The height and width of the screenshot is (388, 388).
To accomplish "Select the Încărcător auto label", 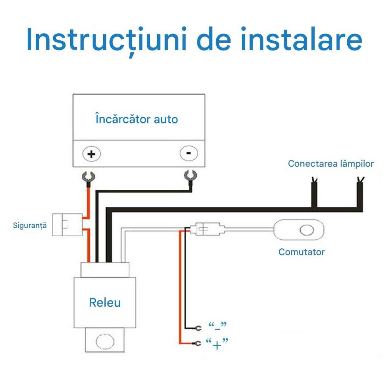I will (137, 119).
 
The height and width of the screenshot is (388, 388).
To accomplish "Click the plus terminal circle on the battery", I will (92, 154).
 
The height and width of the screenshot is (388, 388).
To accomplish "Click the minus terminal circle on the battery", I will (189, 153).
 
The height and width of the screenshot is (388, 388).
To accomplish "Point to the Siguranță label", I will (29, 225).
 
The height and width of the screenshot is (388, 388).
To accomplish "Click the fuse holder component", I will (68, 225).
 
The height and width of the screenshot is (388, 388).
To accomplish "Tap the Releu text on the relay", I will (105, 303).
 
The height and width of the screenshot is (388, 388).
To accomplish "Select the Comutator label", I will (301, 252).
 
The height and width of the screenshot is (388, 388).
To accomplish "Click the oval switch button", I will (307, 230).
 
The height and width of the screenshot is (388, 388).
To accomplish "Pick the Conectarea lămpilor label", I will (331, 164).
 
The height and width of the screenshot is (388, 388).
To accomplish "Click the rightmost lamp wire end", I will (360, 181).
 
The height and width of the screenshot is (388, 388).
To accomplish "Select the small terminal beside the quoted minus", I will (198, 328).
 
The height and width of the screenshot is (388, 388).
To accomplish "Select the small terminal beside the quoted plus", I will (198, 343).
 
